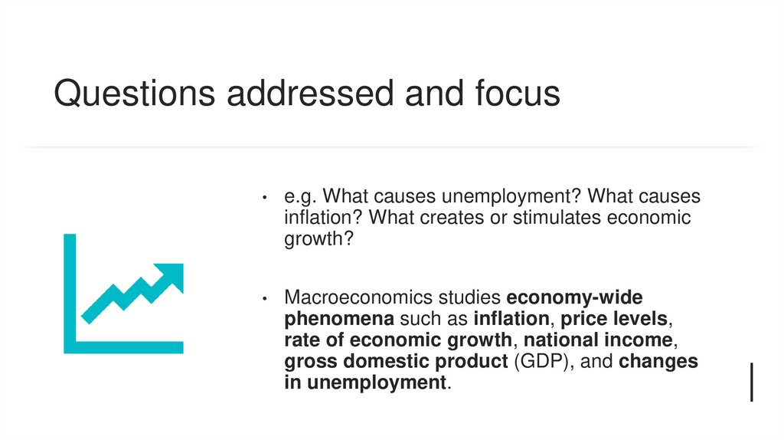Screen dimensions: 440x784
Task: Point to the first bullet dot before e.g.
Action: point(263,198)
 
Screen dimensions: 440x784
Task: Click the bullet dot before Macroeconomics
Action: point(263,297)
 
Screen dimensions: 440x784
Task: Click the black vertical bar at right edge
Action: point(752,382)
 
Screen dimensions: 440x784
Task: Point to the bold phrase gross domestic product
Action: point(396,361)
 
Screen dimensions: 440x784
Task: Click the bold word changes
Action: point(658,361)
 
